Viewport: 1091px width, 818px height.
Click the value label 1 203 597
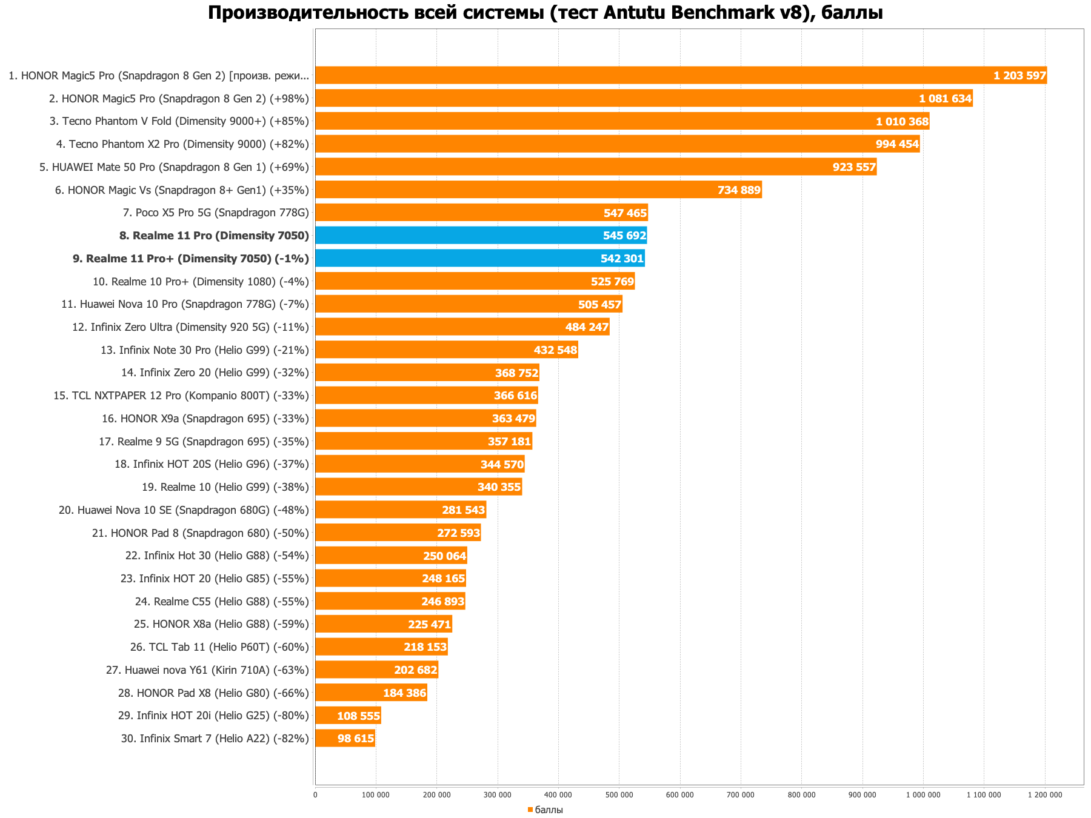pos(1019,76)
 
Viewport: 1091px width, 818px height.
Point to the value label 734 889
pos(739,190)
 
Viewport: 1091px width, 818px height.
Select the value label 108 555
pos(358,716)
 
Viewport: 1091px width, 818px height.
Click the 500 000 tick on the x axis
pos(619,794)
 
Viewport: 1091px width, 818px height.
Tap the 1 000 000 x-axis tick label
pos(923,794)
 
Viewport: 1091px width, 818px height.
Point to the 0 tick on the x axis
pos(315,794)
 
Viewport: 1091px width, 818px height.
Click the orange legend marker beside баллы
pos(530,810)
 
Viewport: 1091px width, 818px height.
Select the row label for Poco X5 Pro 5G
pos(215,213)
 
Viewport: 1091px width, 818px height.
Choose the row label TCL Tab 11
pos(219,647)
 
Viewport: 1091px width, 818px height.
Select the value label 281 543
pos(464,510)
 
